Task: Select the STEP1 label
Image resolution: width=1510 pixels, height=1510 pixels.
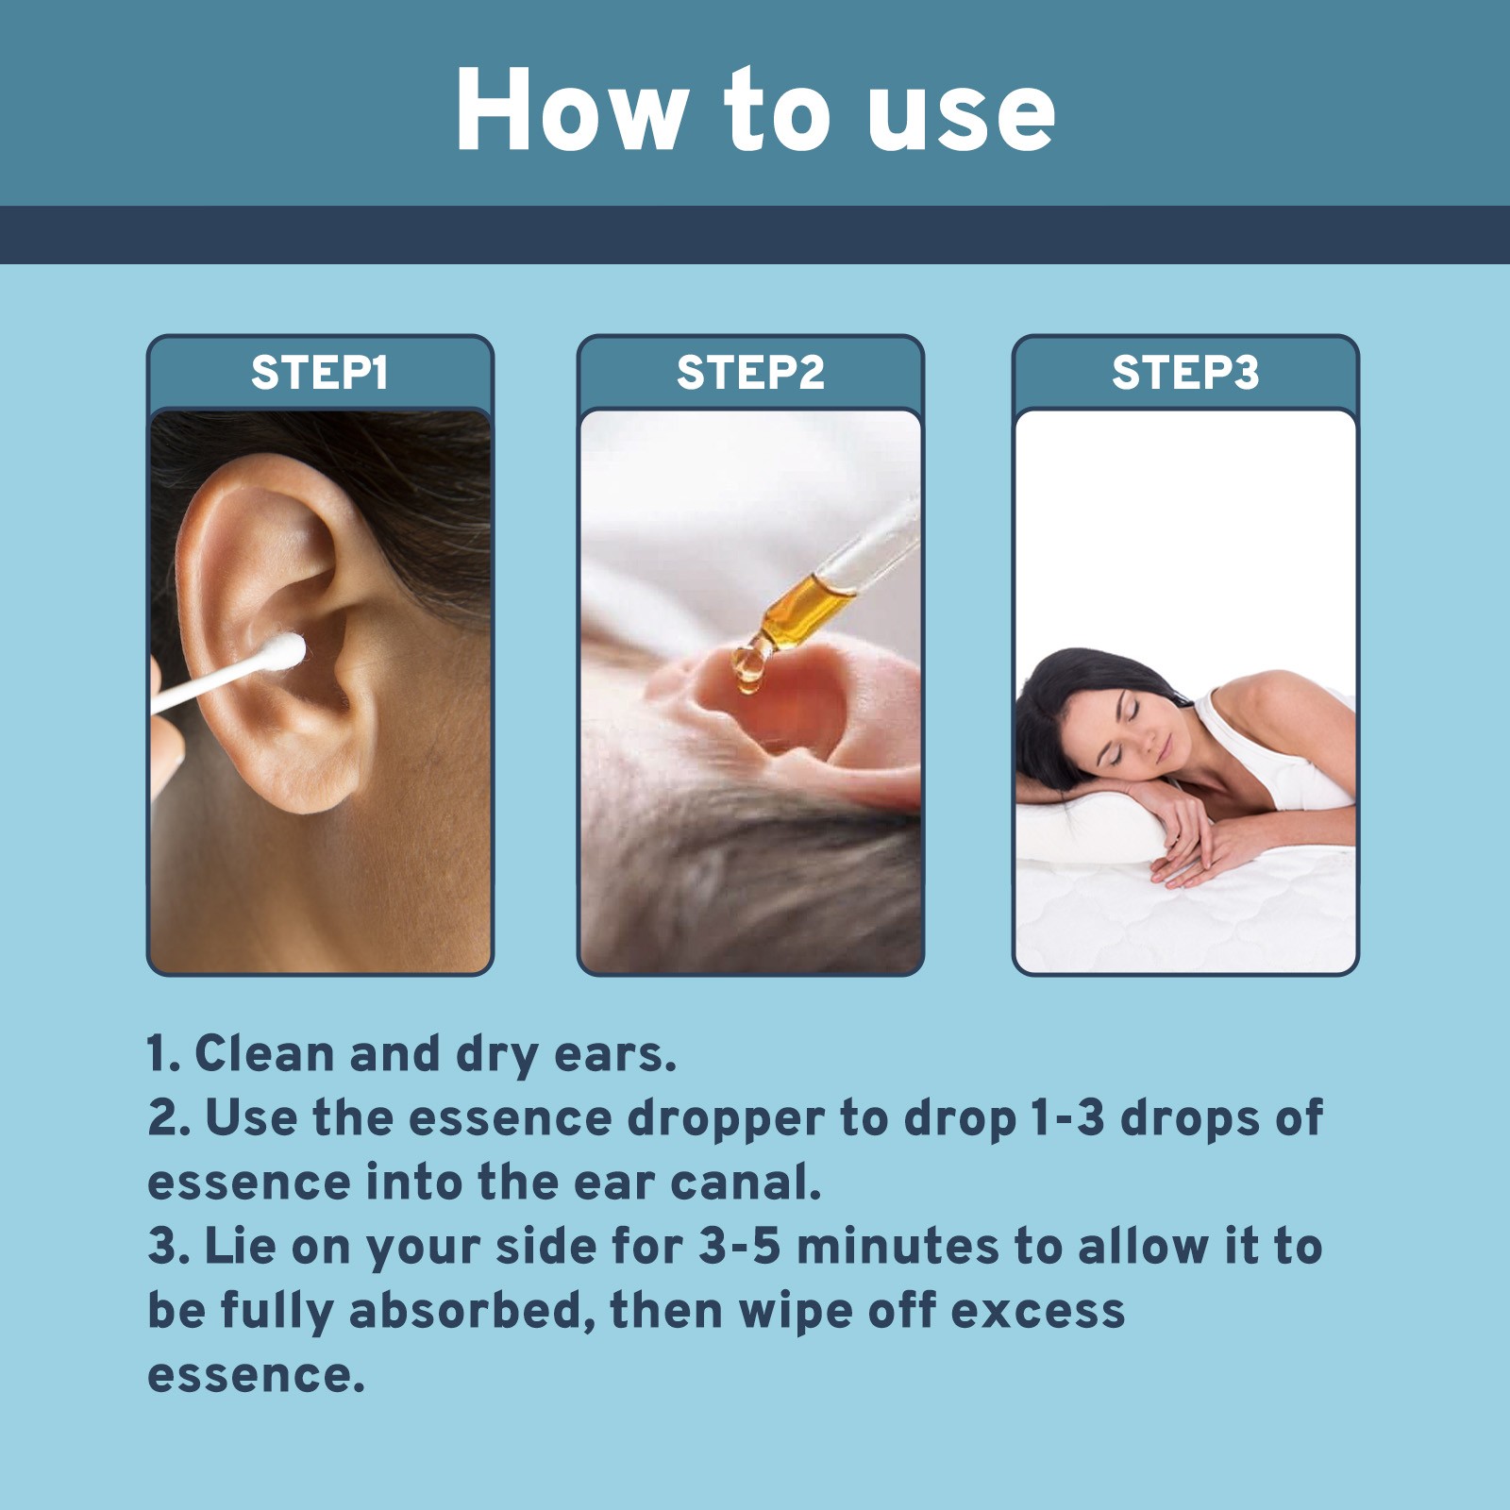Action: [x=320, y=372]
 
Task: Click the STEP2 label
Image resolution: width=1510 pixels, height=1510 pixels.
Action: [x=750, y=372]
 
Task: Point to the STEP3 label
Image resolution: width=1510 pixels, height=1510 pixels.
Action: [x=1184, y=372]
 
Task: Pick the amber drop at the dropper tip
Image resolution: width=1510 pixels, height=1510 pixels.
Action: [x=748, y=665]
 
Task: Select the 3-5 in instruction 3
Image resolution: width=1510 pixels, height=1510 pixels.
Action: [x=740, y=1247]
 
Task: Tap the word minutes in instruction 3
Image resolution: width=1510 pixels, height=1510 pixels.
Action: [x=897, y=1247]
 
